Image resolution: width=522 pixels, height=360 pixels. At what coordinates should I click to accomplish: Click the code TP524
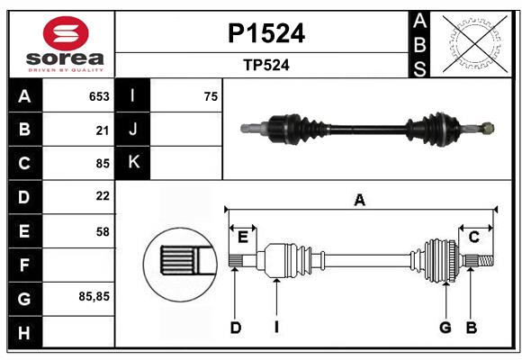click(263, 65)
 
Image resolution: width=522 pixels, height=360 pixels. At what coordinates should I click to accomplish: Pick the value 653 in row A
click(99, 96)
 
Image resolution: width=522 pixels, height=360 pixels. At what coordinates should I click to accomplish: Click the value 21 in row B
click(103, 130)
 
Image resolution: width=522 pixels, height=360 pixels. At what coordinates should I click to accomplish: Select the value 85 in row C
click(103, 164)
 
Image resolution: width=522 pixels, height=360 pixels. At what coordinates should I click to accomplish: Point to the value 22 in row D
click(103, 196)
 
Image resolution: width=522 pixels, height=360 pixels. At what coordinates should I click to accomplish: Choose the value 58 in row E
click(103, 231)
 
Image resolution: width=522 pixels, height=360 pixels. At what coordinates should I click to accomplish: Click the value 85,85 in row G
click(95, 295)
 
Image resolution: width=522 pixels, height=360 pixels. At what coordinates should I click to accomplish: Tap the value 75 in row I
click(211, 96)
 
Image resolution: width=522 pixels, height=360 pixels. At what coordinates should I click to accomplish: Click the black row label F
click(24, 265)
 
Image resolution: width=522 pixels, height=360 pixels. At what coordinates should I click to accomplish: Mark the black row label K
click(133, 162)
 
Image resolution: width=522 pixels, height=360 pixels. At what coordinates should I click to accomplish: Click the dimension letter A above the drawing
click(360, 201)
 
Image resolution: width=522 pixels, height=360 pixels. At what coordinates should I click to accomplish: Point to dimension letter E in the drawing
click(242, 237)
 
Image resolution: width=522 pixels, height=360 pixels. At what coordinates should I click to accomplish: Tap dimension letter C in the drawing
click(473, 237)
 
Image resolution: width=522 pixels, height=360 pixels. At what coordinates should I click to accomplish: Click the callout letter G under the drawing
click(445, 328)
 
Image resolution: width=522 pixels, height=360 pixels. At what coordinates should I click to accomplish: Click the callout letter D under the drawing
click(235, 328)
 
